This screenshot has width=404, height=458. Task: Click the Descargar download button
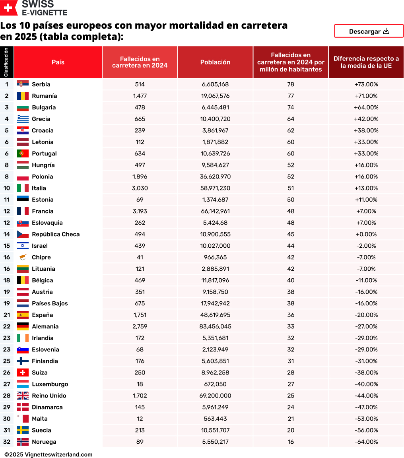pos(369,31)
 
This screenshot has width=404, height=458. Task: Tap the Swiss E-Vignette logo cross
pos(8,8)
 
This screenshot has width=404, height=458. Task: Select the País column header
pos(58,62)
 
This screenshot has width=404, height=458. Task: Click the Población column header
pos(215,62)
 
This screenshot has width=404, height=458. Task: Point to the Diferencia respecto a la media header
pos(366,62)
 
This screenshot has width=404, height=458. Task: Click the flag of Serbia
pos(22,84)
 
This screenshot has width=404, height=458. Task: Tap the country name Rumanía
pos(45,96)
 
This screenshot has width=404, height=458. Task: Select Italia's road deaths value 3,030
pos(140,188)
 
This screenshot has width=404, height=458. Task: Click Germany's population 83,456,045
pos(215,326)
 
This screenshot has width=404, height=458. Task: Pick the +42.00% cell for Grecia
pos(366,119)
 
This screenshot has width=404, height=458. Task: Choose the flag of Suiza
pos(22,373)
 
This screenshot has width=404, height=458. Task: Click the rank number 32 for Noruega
pos(7,442)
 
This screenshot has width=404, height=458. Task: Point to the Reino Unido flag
pos(22,396)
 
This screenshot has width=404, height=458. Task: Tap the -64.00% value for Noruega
pos(366,442)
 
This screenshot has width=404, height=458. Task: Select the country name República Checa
pos(56,234)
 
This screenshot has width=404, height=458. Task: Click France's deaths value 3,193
pos(140,211)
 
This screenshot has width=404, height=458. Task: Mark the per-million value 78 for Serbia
pos(291,84)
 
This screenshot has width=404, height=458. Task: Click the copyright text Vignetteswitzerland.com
pos(49,454)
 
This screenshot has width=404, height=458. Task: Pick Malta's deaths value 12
pos(140,419)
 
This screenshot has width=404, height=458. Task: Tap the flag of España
pos(22,315)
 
